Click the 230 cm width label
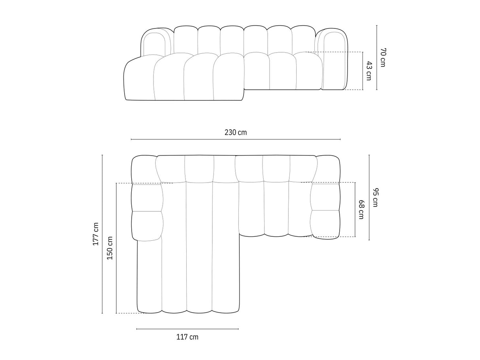[x=235, y=132]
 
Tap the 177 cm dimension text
[x=95, y=234]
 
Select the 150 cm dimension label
[x=110, y=248]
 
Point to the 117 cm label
[x=187, y=337]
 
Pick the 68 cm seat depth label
[x=361, y=209]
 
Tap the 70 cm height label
[x=382, y=57]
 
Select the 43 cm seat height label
[x=368, y=71]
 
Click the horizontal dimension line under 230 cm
[x=235, y=139]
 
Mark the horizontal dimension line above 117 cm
[x=187, y=329]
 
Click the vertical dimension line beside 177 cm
[x=102, y=234]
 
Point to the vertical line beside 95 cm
[x=369, y=197]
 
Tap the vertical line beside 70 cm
[x=376, y=57]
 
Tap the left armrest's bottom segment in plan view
[x=147, y=226]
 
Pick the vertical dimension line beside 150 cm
[x=116, y=248]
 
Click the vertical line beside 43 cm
[x=363, y=71]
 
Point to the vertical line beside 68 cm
[x=355, y=209]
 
